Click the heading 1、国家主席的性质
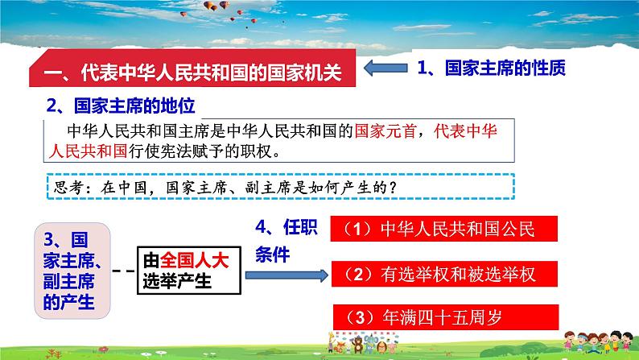tap(492, 69)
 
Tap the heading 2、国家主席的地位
tap(121, 106)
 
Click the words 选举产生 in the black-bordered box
tap(176, 281)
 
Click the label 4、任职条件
tap(286, 241)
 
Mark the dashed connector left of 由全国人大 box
tap(123, 271)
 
